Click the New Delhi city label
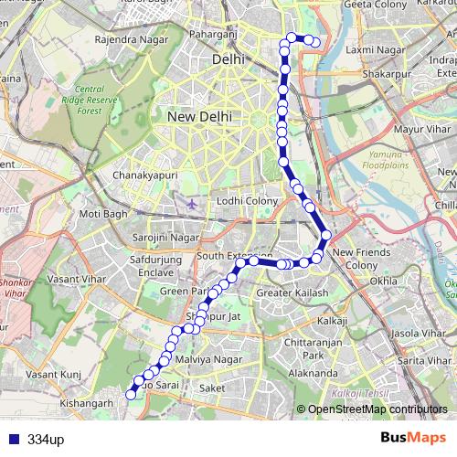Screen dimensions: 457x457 click(x=198, y=117)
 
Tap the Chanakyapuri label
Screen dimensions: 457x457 click(x=143, y=174)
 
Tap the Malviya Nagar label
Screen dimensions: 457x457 click(x=211, y=360)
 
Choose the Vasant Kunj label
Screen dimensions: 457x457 click(x=54, y=375)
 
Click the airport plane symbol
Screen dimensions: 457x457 click(x=191, y=202)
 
